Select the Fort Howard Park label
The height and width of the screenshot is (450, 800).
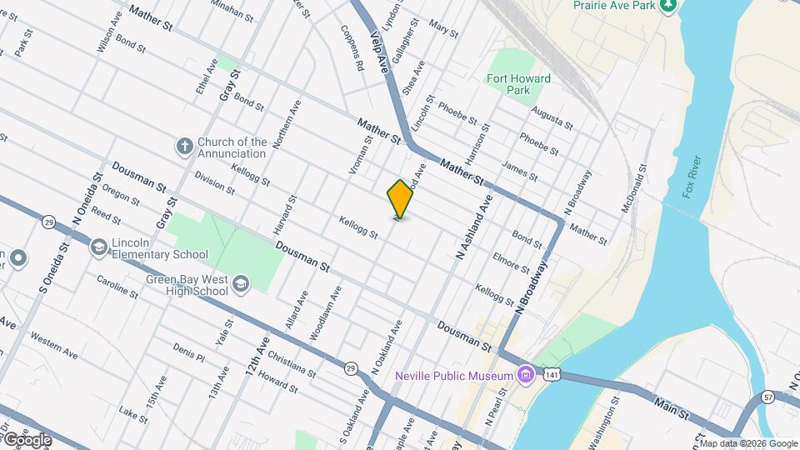(x=518, y=84)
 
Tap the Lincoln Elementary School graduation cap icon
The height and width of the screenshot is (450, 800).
(x=99, y=247)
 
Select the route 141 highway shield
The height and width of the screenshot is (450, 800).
(x=551, y=376)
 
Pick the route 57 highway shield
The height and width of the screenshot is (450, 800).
(x=768, y=397)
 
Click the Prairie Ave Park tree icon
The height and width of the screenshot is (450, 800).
(x=667, y=7)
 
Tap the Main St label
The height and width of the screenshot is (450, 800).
(x=672, y=409)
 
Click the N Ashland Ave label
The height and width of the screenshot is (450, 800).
(x=475, y=226)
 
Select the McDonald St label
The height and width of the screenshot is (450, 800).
(x=634, y=188)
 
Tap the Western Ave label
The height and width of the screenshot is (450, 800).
(x=53, y=346)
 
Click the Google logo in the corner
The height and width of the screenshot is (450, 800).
(x=27, y=439)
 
